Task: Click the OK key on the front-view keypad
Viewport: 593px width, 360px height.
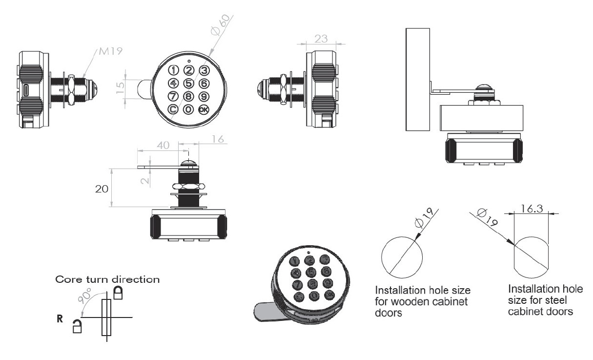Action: pos(204,109)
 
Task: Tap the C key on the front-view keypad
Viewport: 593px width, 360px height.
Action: pos(172,109)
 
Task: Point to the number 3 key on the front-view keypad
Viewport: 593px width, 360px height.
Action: pos(204,70)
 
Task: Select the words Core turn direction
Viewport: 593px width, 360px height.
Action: pos(107,280)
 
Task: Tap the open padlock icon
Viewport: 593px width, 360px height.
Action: pos(77,326)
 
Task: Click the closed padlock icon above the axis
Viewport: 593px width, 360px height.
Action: pos(118,293)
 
